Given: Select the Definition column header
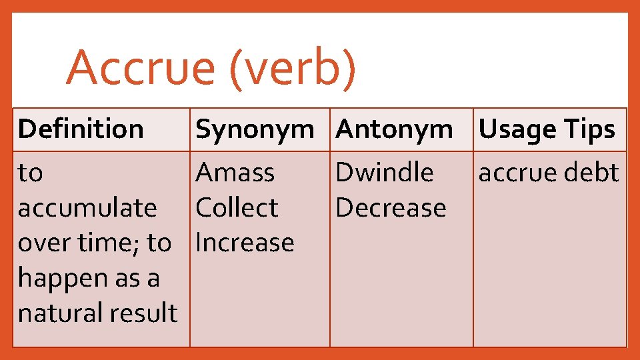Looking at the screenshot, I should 81,129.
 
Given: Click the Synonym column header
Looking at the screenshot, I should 255,129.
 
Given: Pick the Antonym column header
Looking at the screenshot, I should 395,129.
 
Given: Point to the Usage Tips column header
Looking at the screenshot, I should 547,129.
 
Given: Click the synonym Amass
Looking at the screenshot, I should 235,173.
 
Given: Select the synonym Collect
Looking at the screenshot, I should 236,208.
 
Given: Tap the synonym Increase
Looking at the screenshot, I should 245,243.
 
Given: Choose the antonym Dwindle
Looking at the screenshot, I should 385,173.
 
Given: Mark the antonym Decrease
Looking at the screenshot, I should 391,208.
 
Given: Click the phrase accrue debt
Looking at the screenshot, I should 549,173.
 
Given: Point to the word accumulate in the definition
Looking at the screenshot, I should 87,208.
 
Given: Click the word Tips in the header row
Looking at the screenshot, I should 590,129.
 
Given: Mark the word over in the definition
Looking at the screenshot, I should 40,243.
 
